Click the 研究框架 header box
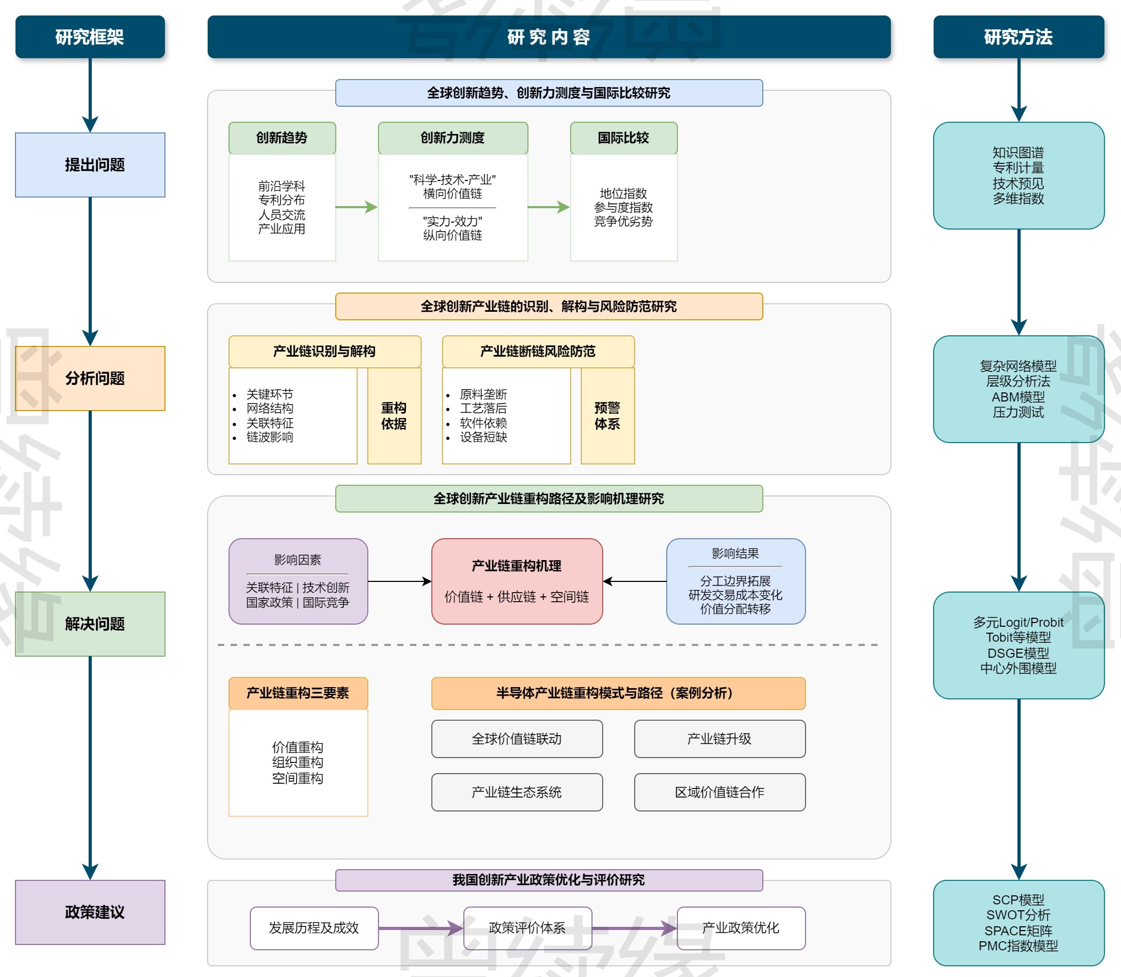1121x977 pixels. point(90,36)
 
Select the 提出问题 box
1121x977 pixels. point(90,164)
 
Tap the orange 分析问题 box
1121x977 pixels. point(90,379)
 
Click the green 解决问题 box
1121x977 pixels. point(90,624)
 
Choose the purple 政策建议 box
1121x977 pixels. point(90,911)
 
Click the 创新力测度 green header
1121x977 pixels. point(453,138)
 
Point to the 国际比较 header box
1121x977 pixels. point(623,138)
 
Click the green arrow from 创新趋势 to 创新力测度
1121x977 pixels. point(356,207)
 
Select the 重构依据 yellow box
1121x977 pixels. point(394,416)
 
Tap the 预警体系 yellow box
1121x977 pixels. point(607,416)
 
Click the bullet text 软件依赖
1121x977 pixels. point(483,423)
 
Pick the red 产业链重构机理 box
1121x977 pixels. point(516,581)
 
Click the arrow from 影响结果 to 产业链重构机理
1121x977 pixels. point(635,581)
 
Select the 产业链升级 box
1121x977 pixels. point(719,739)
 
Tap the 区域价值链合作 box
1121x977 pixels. point(719,792)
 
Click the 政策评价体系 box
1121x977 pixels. point(527,928)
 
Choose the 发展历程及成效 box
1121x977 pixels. point(314,928)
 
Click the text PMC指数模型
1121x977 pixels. point(1018,946)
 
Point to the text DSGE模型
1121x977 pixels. point(1018,652)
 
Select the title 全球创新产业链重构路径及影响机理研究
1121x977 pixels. point(549,499)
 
